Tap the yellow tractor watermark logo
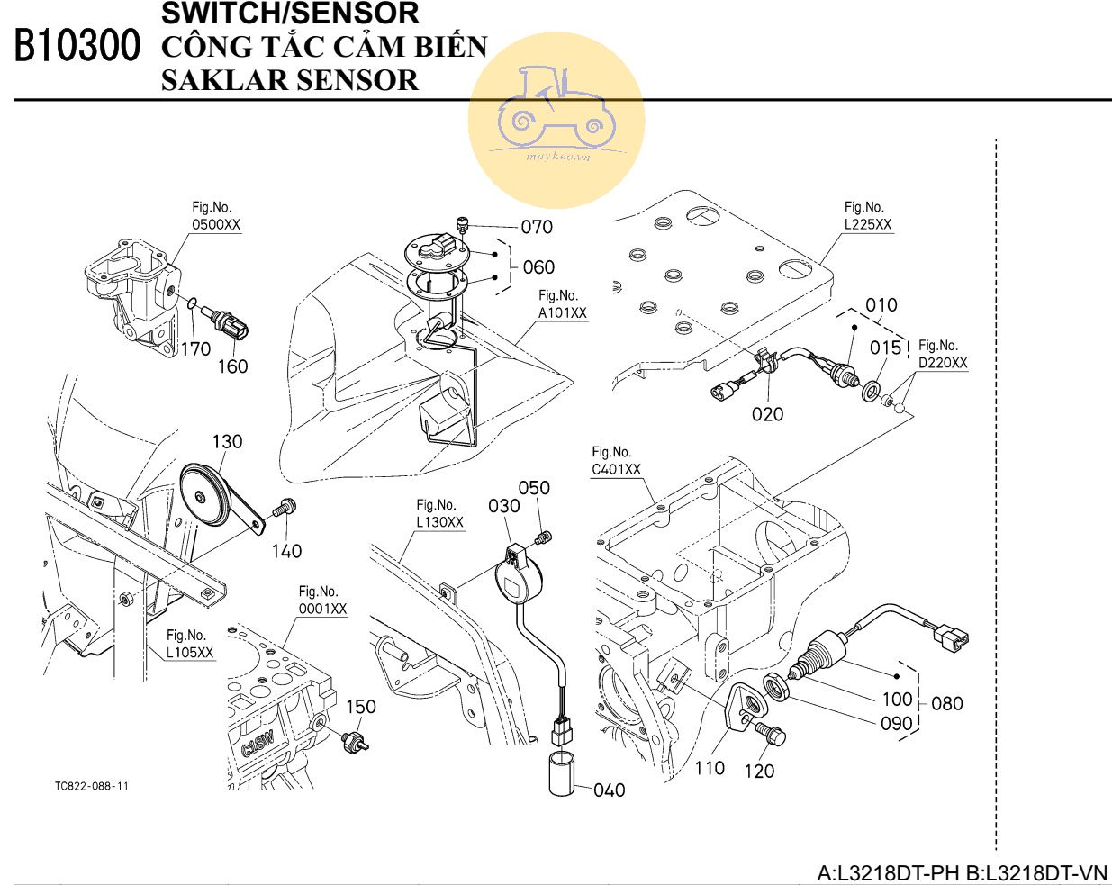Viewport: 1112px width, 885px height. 556,117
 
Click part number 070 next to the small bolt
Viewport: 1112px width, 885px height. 537,227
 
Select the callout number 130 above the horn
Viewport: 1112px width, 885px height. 227,441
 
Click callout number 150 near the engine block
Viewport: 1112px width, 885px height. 361,707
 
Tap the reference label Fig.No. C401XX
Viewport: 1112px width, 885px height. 616,461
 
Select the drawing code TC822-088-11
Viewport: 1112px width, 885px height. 92,786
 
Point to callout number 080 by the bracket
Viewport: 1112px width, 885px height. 946,703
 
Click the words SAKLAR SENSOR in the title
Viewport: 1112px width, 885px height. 289,81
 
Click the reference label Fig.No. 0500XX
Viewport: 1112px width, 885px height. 216,216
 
